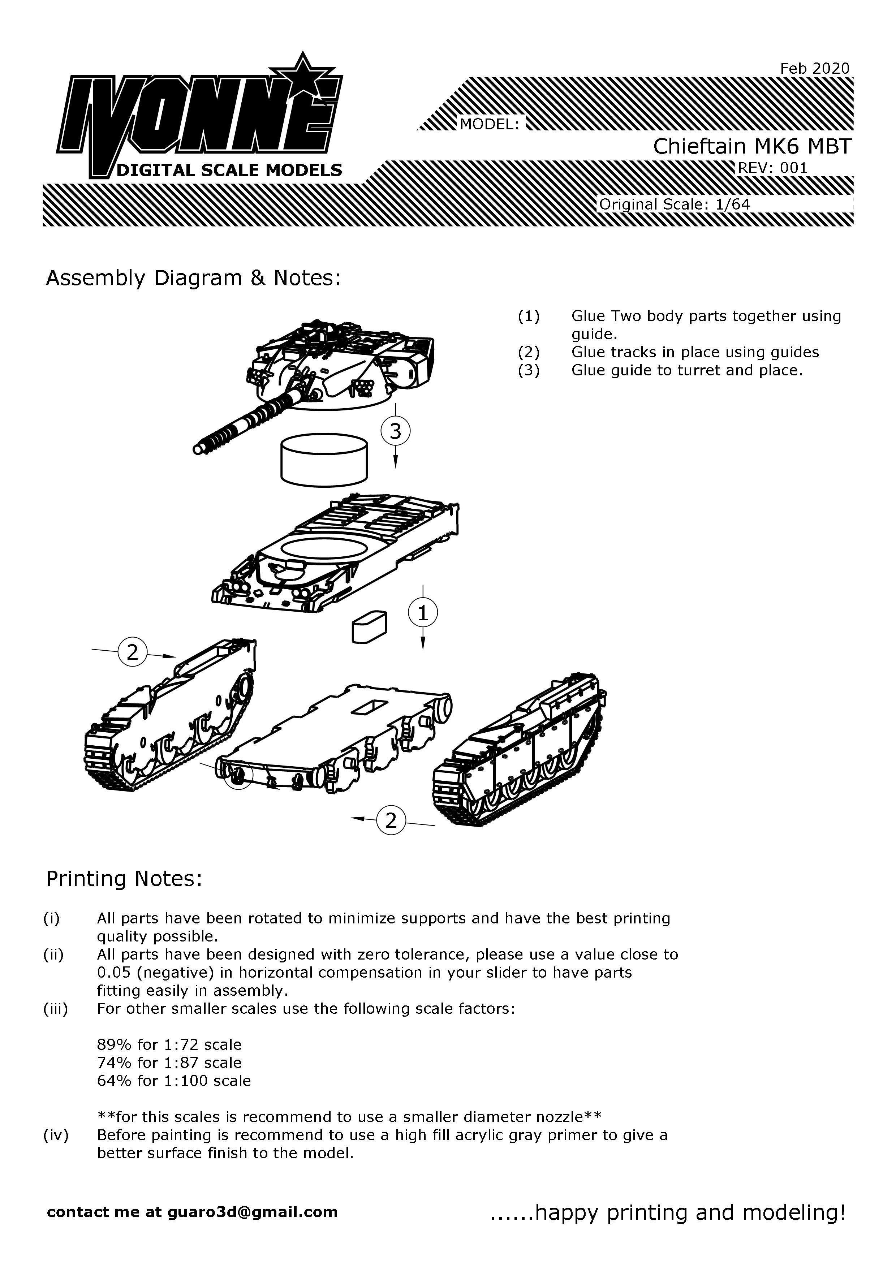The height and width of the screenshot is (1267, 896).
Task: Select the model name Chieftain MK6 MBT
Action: [x=752, y=146]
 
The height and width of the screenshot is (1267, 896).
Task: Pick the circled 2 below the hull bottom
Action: [x=391, y=820]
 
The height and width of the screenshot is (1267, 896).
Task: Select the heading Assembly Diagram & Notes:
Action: [x=193, y=278]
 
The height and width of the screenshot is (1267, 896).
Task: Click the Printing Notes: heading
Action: [x=124, y=879]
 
